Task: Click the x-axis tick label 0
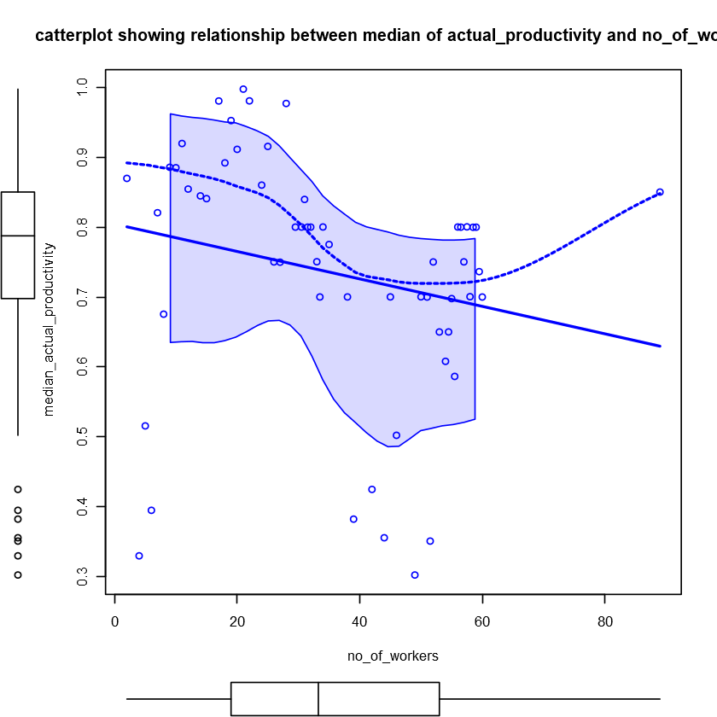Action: (115, 621)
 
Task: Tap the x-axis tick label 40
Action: (359, 621)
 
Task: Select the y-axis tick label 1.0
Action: (83, 88)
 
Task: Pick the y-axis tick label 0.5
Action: (83, 436)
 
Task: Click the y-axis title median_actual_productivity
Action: (49, 329)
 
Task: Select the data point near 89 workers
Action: (660, 192)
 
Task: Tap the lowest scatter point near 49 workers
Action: (415, 575)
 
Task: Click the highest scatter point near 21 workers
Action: (243, 89)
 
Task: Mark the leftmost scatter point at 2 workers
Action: (126, 178)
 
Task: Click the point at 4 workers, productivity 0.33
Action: (139, 556)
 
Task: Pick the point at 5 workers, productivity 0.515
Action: (145, 426)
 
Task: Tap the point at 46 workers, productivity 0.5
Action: (396, 435)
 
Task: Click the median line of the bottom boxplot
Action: (318, 698)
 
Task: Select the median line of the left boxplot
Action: (18, 235)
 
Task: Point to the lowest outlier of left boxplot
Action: (18, 575)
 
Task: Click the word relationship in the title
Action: (236, 36)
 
